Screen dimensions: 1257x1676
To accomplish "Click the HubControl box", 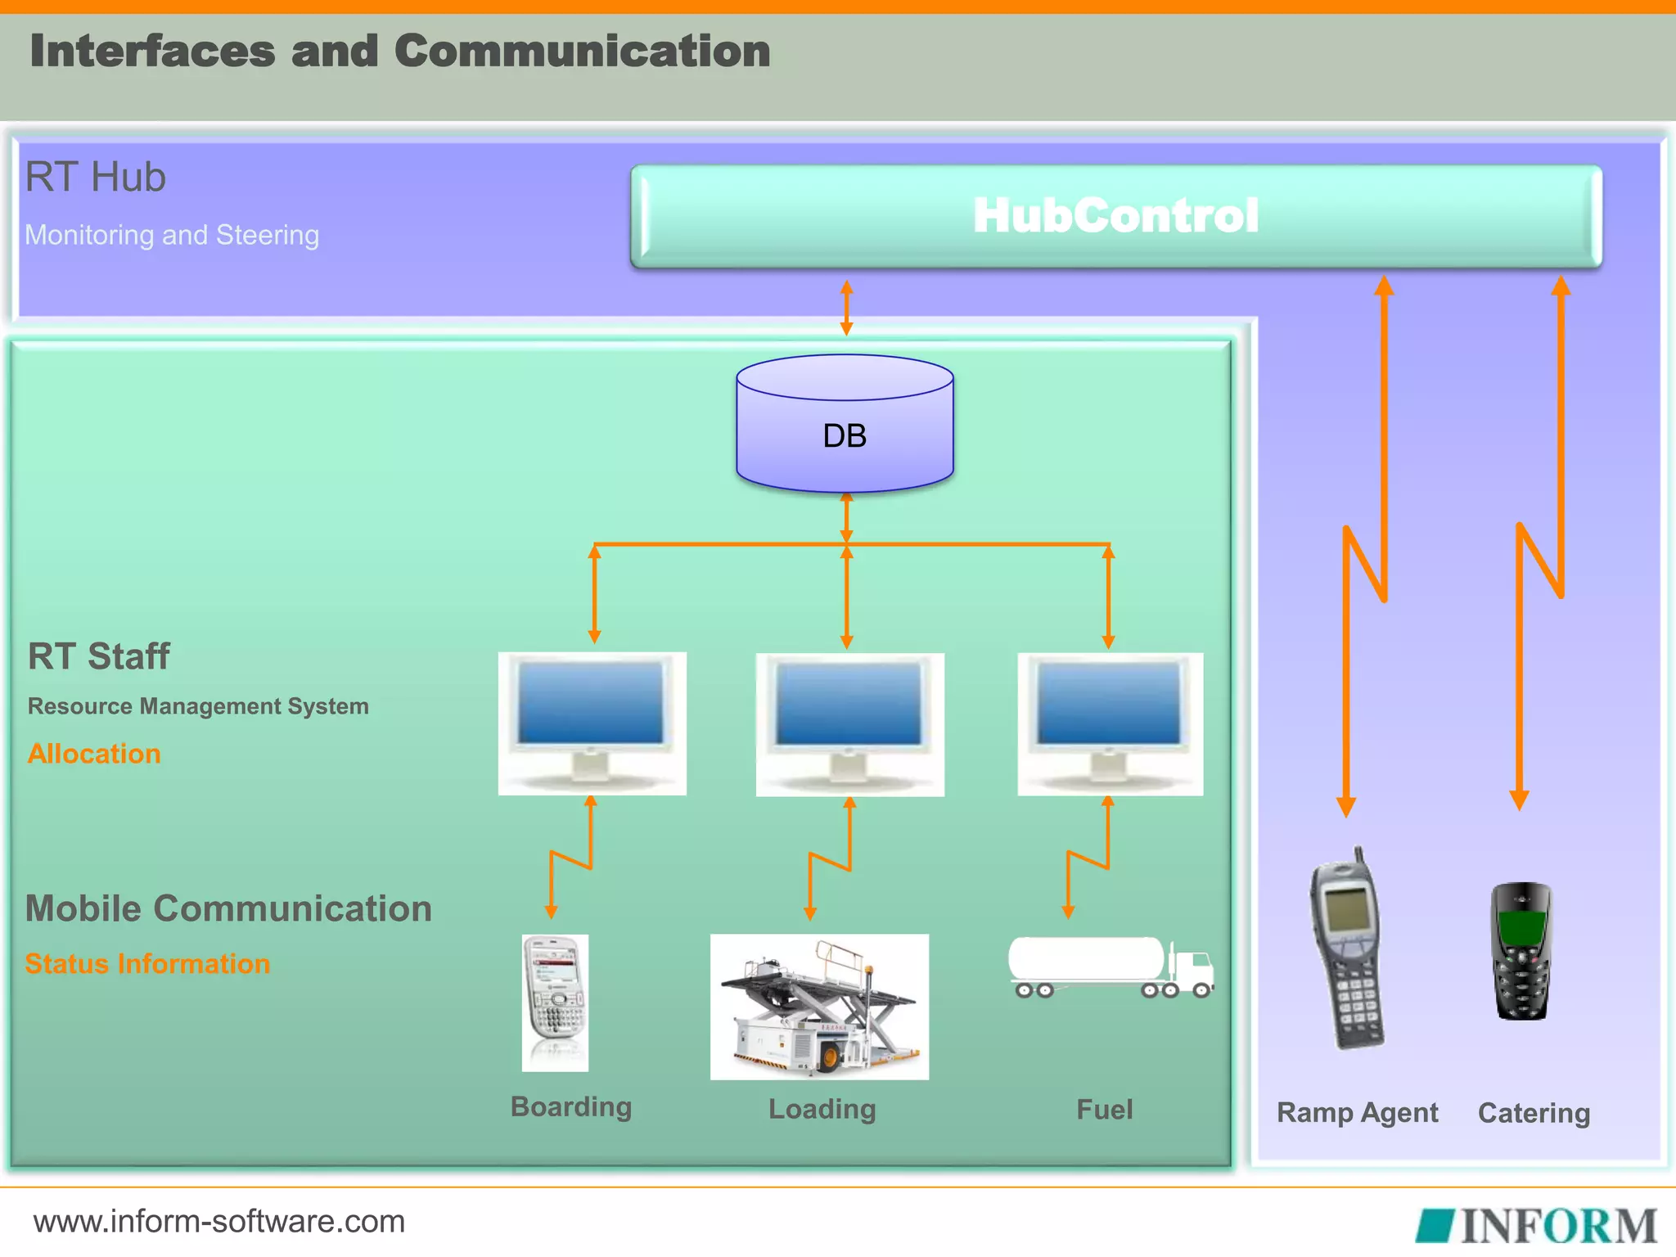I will point(1115,216).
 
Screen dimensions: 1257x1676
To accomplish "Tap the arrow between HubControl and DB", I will point(846,308).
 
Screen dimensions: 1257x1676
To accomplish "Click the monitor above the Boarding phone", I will point(592,722).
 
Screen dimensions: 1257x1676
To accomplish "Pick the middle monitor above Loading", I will point(849,723).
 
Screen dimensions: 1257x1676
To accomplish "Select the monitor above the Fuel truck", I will point(1110,723).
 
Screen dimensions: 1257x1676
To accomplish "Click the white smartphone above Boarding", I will point(555,1002).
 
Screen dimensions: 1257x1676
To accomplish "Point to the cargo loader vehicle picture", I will point(819,1007).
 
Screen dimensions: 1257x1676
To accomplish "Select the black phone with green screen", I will point(1521,951).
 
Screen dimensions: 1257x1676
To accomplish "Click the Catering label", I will point(1534,1113).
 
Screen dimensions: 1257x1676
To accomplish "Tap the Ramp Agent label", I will point(1357,1113).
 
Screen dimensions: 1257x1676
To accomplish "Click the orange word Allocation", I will point(94,754).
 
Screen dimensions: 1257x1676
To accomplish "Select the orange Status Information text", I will point(147,964).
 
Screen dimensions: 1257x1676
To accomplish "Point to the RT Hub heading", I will point(96,177).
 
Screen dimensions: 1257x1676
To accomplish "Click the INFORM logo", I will point(1537,1225).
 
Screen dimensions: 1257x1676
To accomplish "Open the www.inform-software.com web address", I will point(219,1221).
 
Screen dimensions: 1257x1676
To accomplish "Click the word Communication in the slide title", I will point(582,51).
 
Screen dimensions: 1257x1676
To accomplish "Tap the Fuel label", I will point(1104,1110).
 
